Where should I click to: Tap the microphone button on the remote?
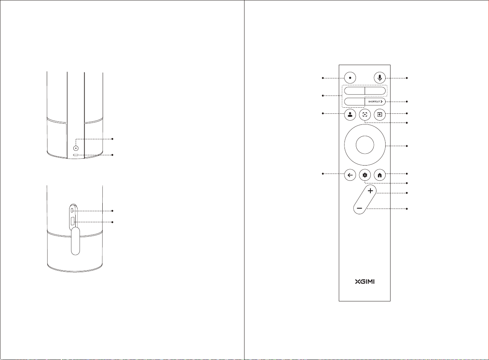(x=379, y=78)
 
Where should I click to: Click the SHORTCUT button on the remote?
(x=375, y=102)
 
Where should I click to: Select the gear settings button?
(x=365, y=175)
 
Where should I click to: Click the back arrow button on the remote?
(x=350, y=175)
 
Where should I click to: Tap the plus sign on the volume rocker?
(x=370, y=191)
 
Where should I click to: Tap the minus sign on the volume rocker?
(x=359, y=209)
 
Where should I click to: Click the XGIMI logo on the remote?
(x=365, y=282)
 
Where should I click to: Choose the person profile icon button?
(x=350, y=115)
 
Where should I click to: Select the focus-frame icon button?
(x=365, y=115)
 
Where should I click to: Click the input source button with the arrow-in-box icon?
(x=379, y=115)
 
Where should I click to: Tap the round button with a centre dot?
(x=350, y=78)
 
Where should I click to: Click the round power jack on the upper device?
(x=76, y=148)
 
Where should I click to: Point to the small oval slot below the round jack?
(x=76, y=155)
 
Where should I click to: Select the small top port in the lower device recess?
(x=73, y=210)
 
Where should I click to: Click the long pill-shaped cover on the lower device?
(x=75, y=241)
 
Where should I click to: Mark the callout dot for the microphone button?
(x=407, y=78)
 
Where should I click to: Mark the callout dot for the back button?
(x=323, y=174)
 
